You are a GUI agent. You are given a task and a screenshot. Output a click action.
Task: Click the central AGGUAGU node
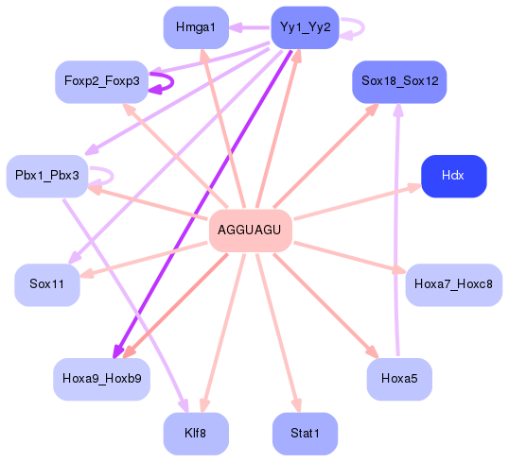249,230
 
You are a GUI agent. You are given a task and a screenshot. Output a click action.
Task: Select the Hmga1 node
195,27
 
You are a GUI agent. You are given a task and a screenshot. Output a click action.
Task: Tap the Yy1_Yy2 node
305,27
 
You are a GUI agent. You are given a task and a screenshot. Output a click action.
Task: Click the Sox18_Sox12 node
398,82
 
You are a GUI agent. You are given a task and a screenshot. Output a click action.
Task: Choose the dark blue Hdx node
453,176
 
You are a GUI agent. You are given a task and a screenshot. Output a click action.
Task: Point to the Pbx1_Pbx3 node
46,176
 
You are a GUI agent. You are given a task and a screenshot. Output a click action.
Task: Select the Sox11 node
46,284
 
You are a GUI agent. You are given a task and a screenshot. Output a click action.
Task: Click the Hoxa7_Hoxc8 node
453,284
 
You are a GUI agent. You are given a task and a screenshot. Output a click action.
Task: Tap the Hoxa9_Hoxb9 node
101,378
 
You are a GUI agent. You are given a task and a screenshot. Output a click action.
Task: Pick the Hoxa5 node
398,378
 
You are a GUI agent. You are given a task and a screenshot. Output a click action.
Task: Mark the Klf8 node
195,433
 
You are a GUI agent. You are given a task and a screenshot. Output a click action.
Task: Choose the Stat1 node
305,433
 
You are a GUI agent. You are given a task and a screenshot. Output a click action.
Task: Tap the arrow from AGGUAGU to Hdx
355,202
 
